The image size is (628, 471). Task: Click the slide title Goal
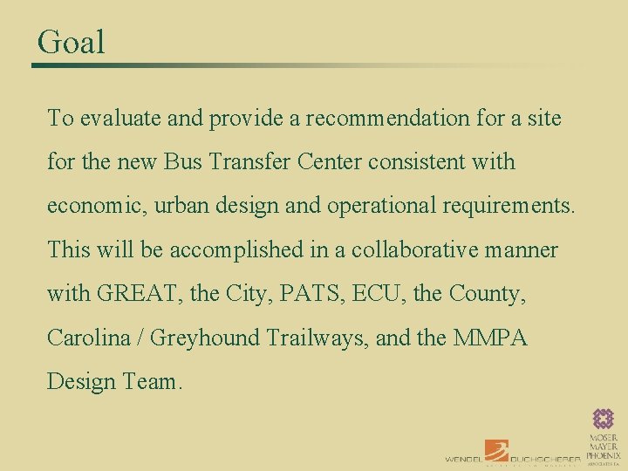[x=71, y=42]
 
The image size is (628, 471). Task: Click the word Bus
[x=185, y=162]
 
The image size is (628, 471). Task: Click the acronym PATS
[x=309, y=294]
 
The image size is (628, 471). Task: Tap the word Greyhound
[x=204, y=338]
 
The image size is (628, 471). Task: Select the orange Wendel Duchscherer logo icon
[x=496, y=450]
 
